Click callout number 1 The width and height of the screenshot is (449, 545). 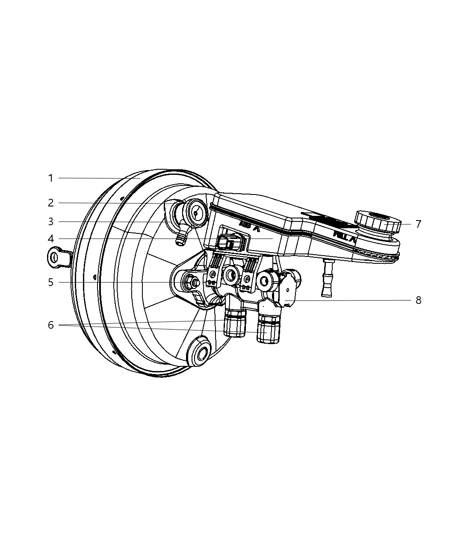[x=50, y=178]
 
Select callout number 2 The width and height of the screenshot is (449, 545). [x=50, y=203]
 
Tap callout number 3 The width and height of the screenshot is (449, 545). [x=50, y=222]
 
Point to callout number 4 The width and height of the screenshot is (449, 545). [x=50, y=239]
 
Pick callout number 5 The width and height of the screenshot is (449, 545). [x=50, y=282]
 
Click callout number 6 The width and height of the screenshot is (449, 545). [x=50, y=325]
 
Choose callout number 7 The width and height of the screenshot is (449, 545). [x=418, y=224]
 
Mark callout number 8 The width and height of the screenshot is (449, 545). [x=418, y=300]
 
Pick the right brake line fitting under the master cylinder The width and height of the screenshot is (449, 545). [x=268, y=330]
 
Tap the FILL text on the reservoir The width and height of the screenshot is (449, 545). [x=345, y=237]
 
